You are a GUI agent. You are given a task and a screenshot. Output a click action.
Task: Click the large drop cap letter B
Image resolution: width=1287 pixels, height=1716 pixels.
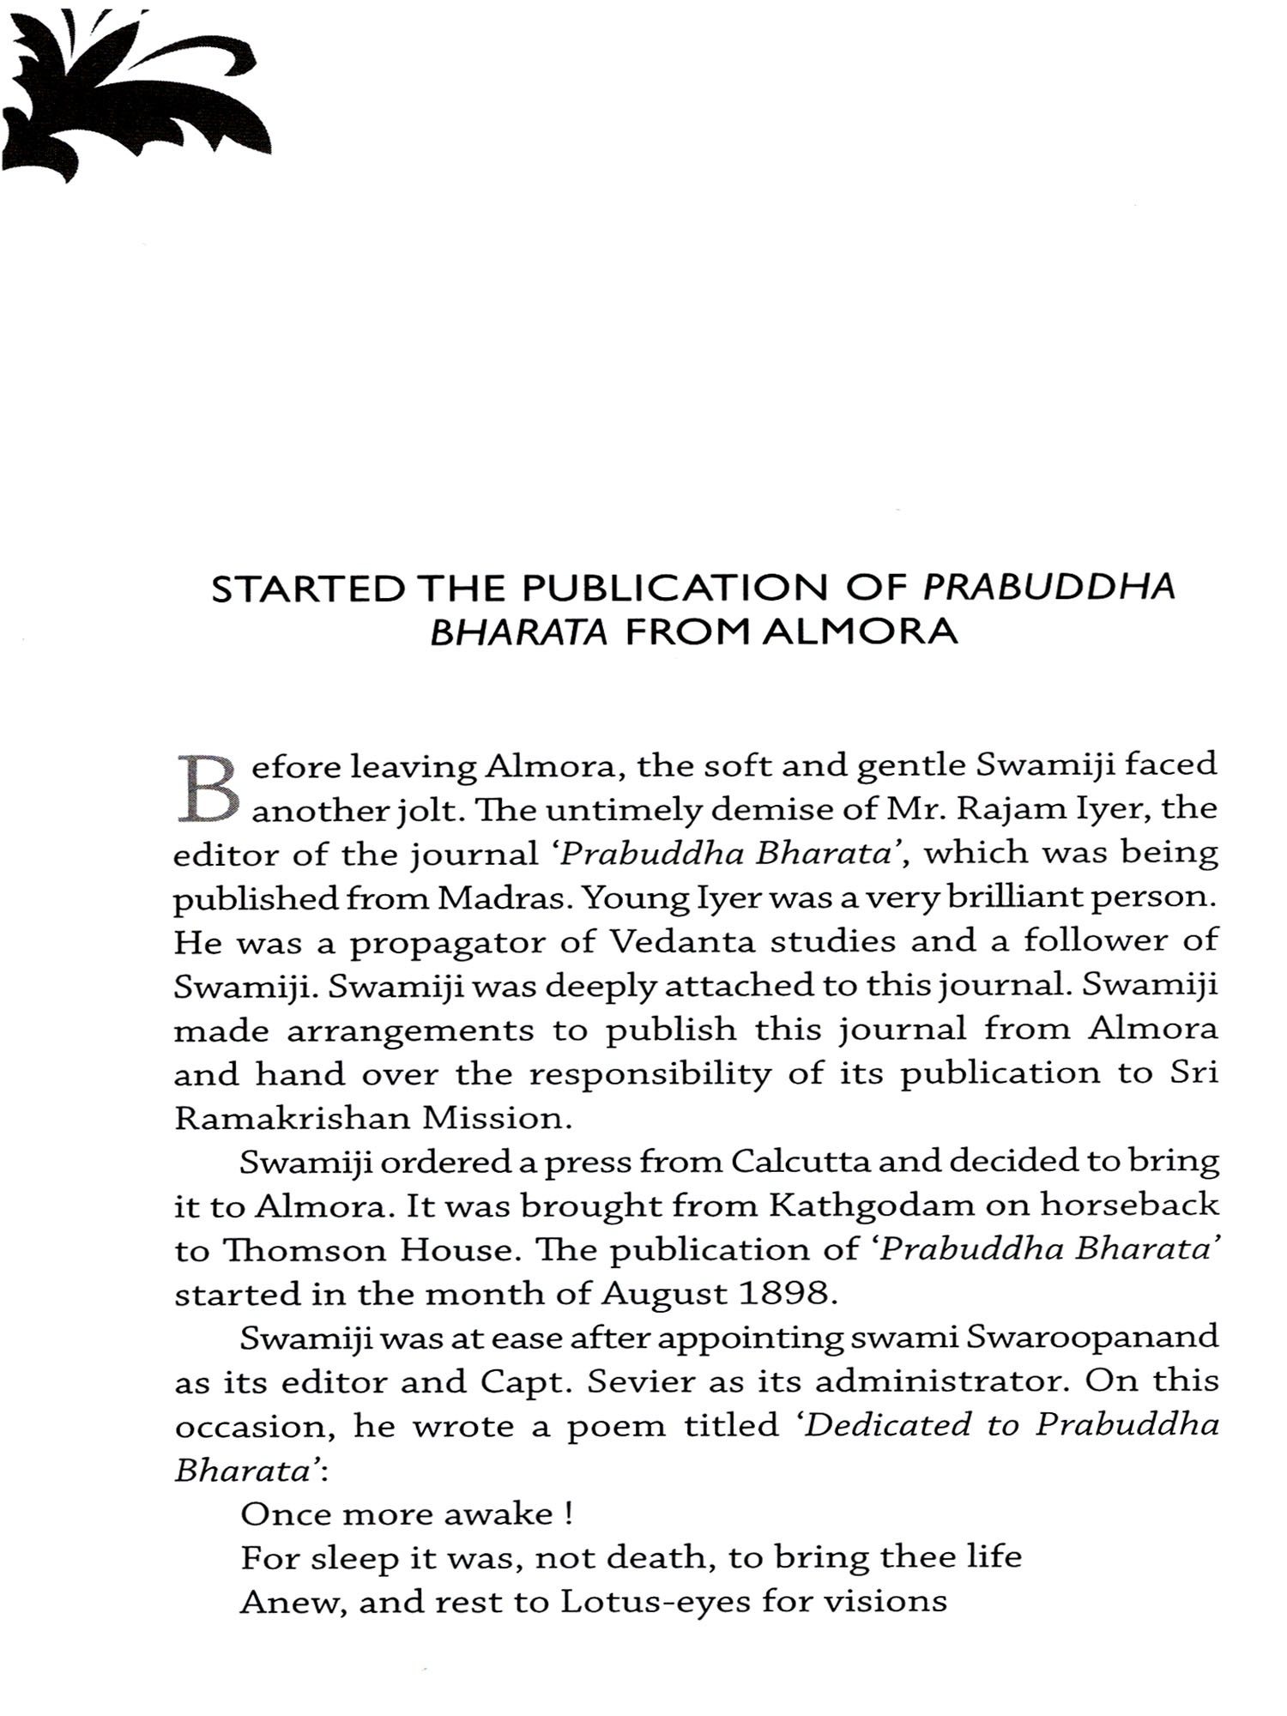206,787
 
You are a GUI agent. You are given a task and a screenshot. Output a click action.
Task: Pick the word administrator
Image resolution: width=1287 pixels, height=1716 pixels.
939,1382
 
